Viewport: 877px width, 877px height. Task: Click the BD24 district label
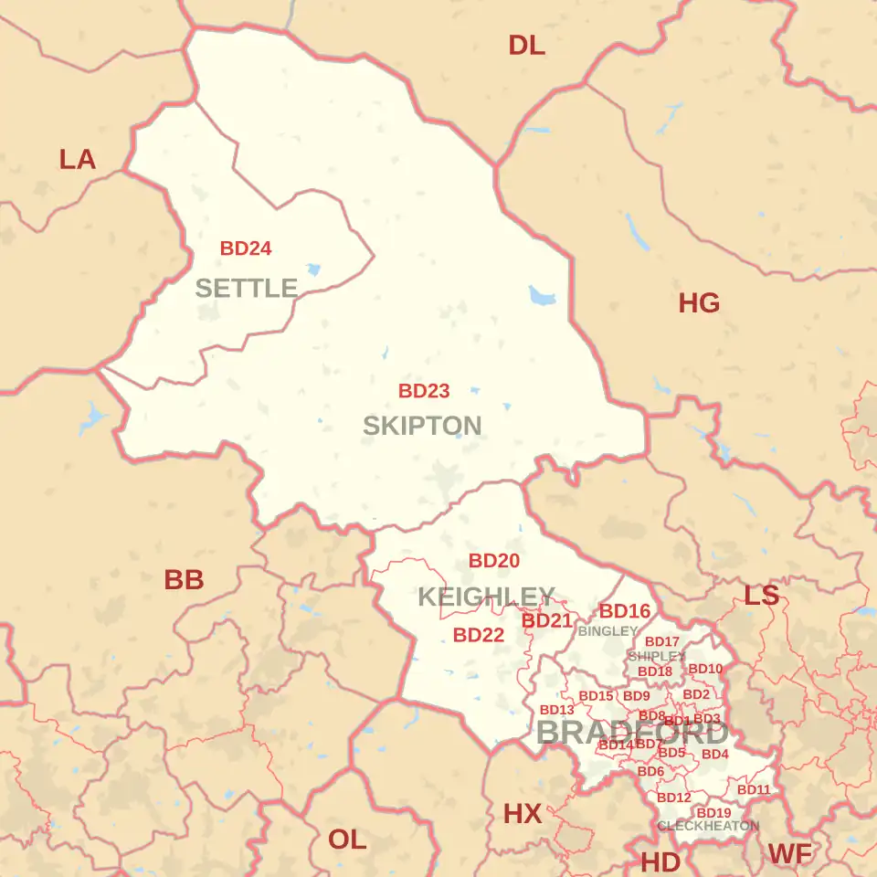click(x=246, y=248)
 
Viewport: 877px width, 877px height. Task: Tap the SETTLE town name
click(x=247, y=289)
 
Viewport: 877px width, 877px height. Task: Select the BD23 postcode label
click(x=424, y=391)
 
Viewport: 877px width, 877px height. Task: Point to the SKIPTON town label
click(x=422, y=426)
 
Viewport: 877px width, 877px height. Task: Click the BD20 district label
click(x=494, y=561)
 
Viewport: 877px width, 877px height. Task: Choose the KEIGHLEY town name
click(x=486, y=597)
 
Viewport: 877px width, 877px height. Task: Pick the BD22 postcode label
click(x=479, y=635)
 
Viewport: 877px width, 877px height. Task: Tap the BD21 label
click(x=546, y=621)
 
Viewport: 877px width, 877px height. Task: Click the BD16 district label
click(x=625, y=611)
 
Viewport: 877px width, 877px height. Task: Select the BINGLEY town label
click(x=608, y=631)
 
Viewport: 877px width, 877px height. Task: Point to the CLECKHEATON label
click(x=708, y=826)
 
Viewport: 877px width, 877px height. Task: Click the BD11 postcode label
click(x=754, y=789)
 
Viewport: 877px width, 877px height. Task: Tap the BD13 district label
click(x=557, y=710)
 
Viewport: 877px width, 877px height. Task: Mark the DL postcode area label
click(x=527, y=45)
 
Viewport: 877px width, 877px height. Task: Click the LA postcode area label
click(x=78, y=160)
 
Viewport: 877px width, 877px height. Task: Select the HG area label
click(x=699, y=303)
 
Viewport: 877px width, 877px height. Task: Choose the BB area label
click(x=184, y=579)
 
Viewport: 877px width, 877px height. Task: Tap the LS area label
click(x=762, y=597)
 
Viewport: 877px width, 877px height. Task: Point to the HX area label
click(x=523, y=814)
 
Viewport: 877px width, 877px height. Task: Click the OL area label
click(x=347, y=840)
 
